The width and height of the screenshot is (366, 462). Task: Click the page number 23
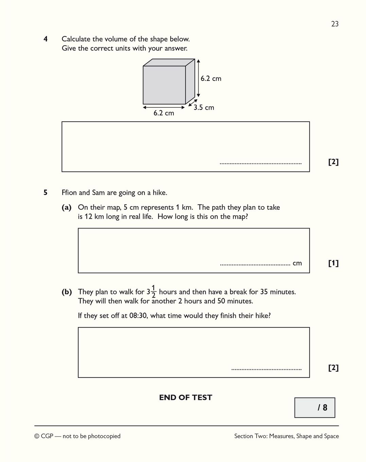click(x=335, y=24)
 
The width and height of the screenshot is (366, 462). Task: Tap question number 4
click(x=46, y=39)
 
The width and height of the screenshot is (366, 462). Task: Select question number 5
click(x=46, y=193)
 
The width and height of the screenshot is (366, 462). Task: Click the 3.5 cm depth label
click(x=204, y=108)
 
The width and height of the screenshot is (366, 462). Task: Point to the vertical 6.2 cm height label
click(x=211, y=78)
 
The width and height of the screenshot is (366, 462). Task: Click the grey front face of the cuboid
click(x=164, y=85)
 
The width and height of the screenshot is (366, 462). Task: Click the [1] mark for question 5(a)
click(x=333, y=263)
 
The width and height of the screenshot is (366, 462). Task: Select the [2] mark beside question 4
click(x=333, y=162)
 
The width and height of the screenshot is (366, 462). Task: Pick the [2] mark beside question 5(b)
click(x=333, y=368)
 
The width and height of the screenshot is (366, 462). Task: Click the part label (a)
click(x=67, y=207)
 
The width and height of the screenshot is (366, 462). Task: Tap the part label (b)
click(x=67, y=292)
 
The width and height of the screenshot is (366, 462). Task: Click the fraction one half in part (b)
click(x=153, y=291)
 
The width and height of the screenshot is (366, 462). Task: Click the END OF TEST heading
click(x=186, y=397)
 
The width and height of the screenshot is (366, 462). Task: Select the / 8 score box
click(x=315, y=408)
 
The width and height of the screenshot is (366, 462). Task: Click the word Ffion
click(x=69, y=193)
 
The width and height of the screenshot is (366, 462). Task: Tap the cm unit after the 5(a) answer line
click(x=297, y=263)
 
